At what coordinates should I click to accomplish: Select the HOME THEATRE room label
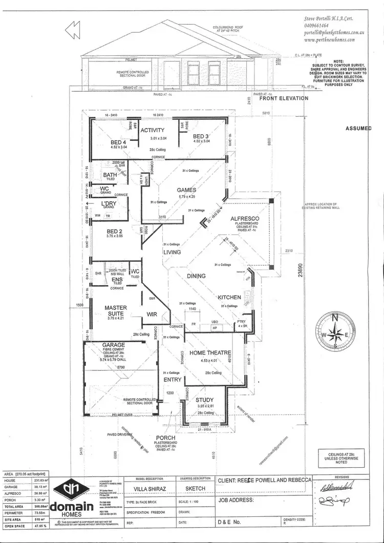(210, 353)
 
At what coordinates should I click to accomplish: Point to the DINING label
(196, 276)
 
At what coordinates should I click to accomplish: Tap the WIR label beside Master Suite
(152, 315)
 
